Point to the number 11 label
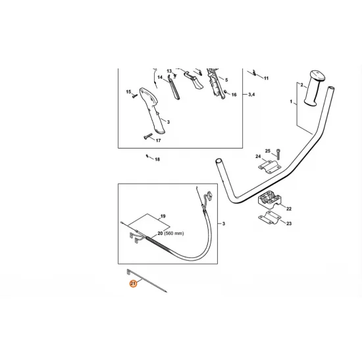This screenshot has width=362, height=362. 266,78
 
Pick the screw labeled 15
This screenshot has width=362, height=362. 136,96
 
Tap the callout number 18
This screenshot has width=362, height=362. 157,160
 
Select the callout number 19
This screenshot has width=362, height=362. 163,217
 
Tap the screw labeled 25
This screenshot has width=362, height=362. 279,155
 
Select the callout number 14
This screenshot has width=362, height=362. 159,78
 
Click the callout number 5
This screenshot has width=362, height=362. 226,80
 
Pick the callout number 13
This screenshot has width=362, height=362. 168,70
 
